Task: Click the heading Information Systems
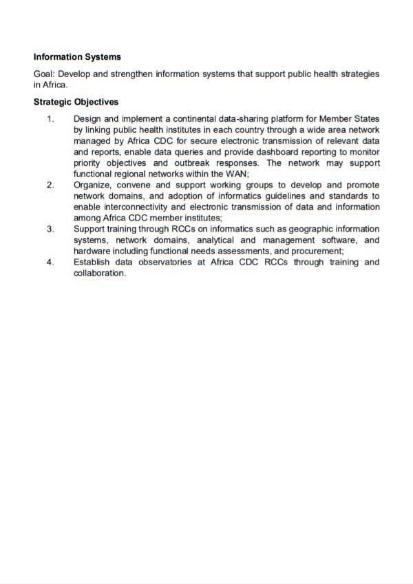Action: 77,57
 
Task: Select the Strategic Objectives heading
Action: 76,102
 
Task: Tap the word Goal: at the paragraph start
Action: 45,74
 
